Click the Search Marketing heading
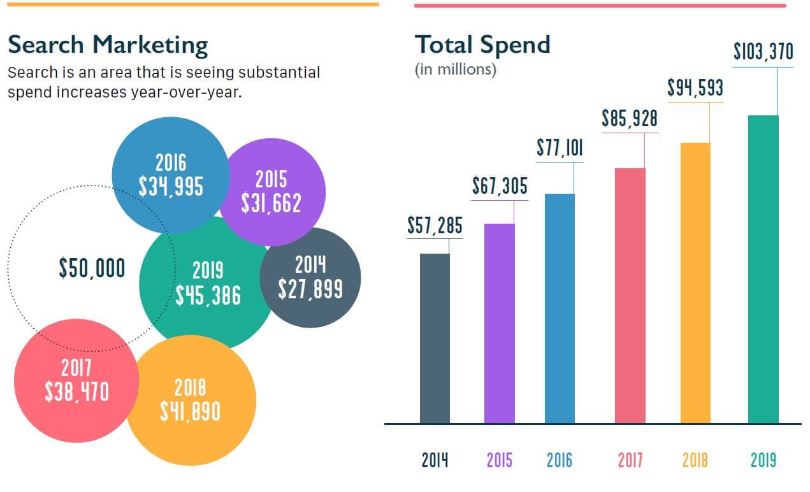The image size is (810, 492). [108, 45]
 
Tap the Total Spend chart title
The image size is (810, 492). [482, 45]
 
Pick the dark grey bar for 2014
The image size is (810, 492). [435, 338]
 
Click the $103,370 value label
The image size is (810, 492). [763, 51]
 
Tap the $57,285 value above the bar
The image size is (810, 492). [435, 226]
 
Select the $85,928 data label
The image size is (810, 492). [629, 119]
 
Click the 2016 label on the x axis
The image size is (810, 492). [559, 460]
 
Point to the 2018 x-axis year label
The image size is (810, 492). [695, 460]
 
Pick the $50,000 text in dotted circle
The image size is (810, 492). [92, 269]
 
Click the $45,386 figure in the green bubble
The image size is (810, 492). [208, 295]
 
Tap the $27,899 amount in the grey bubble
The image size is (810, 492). [310, 289]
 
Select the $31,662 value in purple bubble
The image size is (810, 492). [271, 203]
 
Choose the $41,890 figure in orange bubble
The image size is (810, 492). [190, 411]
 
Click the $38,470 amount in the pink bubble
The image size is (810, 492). [76, 391]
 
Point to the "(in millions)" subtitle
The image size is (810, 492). [455, 69]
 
